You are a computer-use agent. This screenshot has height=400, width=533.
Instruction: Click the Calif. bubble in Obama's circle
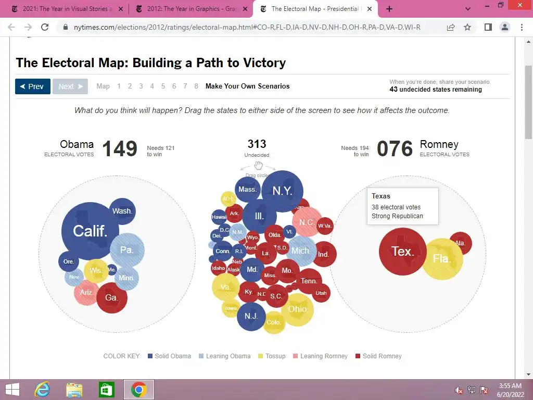tap(90, 231)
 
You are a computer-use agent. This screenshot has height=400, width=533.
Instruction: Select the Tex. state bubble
tap(402, 252)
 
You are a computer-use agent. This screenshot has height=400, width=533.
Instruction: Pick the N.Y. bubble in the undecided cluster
tap(282, 191)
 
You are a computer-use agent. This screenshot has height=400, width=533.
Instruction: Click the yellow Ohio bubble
tap(297, 309)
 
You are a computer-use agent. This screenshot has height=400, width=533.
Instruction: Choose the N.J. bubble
tap(251, 316)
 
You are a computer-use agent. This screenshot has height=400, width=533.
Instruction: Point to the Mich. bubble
tap(301, 251)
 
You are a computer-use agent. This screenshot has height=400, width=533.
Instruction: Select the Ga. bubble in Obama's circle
tap(111, 297)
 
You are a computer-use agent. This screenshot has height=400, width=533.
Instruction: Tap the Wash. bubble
tap(122, 211)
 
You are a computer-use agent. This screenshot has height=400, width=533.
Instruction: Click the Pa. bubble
tap(127, 250)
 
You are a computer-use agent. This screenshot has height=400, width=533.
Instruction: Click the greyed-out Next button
tap(70, 86)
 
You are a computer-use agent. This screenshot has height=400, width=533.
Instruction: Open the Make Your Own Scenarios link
tap(247, 86)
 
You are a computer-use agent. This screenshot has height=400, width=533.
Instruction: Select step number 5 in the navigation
tap(163, 86)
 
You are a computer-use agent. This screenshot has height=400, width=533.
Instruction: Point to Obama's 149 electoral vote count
tap(120, 149)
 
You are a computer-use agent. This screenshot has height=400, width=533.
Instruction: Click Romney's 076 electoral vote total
tap(395, 149)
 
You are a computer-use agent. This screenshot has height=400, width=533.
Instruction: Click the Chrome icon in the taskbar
tap(138, 389)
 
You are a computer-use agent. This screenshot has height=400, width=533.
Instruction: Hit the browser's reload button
tap(45, 28)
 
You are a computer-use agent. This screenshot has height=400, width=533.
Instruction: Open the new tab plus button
tap(389, 9)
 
